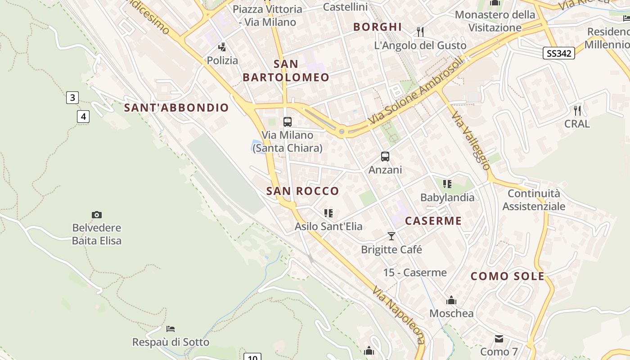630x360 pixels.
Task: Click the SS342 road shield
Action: (x=559, y=54)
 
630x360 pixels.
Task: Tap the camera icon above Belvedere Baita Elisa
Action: (x=96, y=215)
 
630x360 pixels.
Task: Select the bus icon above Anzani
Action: (x=385, y=157)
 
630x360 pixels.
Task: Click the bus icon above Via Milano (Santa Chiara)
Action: (x=287, y=121)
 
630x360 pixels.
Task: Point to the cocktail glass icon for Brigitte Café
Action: (x=391, y=236)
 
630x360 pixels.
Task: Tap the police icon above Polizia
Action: (x=222, y=47)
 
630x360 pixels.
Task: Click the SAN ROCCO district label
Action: (x=302, y=191)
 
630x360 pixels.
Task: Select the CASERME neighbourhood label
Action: (x=433, y=220)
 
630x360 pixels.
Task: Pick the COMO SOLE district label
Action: (x=508, y=276)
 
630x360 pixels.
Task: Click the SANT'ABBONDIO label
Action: (x=176, y=108)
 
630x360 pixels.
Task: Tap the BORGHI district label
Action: (x=377, y=27)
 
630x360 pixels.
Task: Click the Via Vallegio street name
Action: (x=471, y=140)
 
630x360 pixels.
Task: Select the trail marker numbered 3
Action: (x=72, y=97)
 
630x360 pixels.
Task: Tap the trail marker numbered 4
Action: (x=83, y=117)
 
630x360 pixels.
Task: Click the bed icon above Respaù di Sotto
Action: (x=171, y=329)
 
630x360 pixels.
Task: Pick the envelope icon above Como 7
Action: (x=499, y=338)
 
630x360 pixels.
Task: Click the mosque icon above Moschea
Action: (x=451, y=300)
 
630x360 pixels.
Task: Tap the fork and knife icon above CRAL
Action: (x=577, y=110)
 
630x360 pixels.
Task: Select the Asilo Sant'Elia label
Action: (x=328, y=226)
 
